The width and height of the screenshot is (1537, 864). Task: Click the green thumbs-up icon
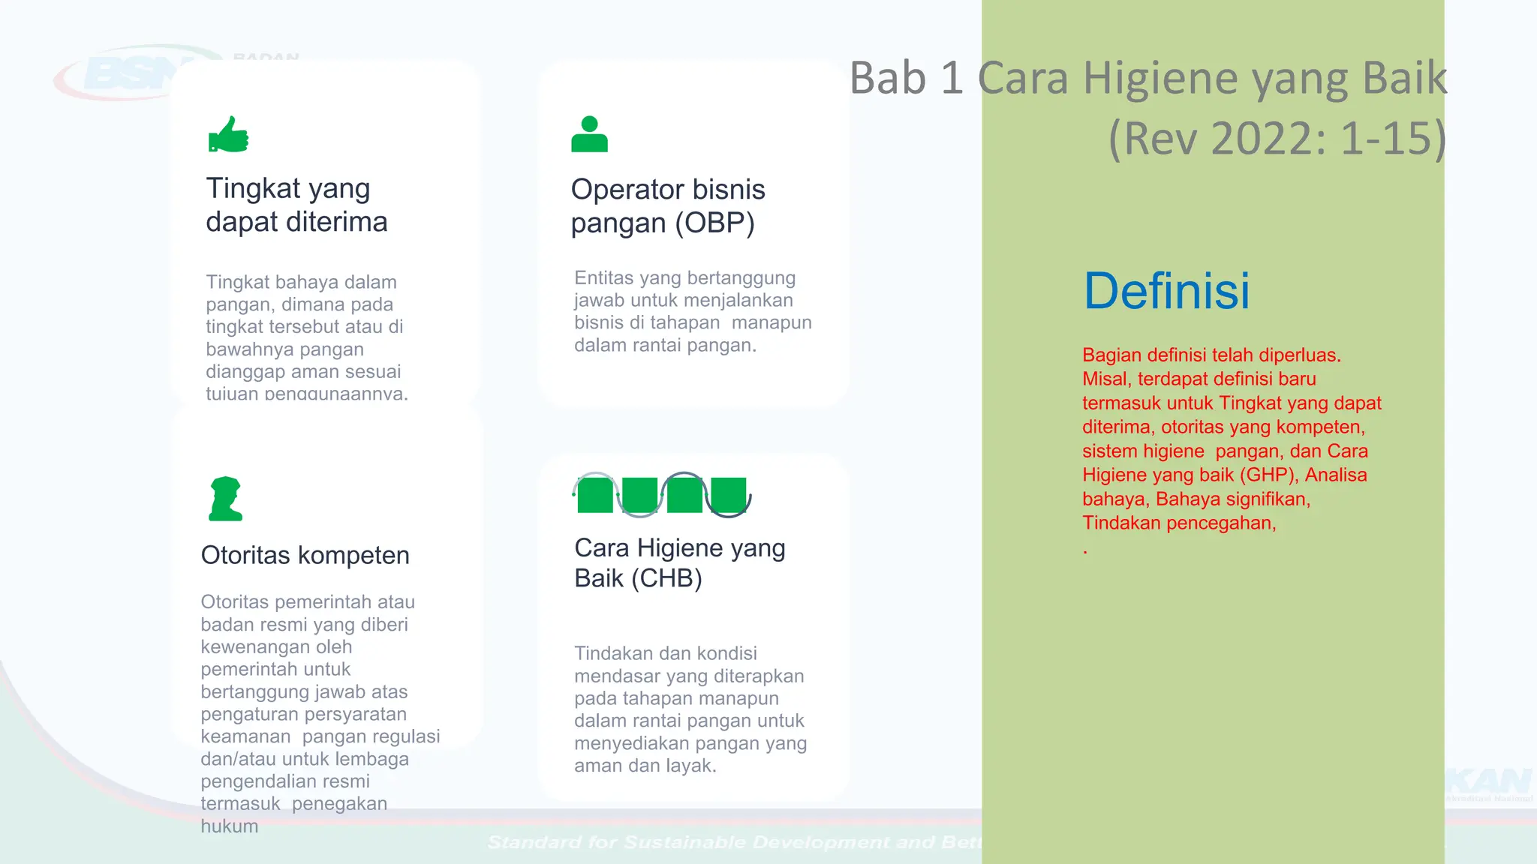(228, 135)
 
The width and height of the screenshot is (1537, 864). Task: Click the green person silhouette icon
(589, 135)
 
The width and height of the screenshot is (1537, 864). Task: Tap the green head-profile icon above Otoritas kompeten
(225, 499)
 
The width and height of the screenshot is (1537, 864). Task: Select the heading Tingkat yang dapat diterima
(296, 205)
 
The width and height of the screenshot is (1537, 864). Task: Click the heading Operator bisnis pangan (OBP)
(667, 206)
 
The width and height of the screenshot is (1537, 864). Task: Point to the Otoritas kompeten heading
(305, 555)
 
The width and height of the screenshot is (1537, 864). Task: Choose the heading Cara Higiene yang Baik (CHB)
(679, 562)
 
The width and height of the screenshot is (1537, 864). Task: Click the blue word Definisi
(1166, 291)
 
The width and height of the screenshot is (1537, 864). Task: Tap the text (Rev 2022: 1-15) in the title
(1277, 139)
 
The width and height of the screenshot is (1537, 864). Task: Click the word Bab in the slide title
(888, 78)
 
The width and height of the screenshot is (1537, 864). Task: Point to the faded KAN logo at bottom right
(1490, 784)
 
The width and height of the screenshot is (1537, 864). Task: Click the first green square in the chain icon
(595, 496)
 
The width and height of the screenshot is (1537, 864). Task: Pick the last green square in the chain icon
(729, 496)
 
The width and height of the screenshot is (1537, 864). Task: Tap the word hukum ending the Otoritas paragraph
(229, 826)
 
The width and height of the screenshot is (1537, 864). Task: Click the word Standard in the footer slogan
(534, 842)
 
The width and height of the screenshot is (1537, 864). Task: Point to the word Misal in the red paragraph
(1105, 379)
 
